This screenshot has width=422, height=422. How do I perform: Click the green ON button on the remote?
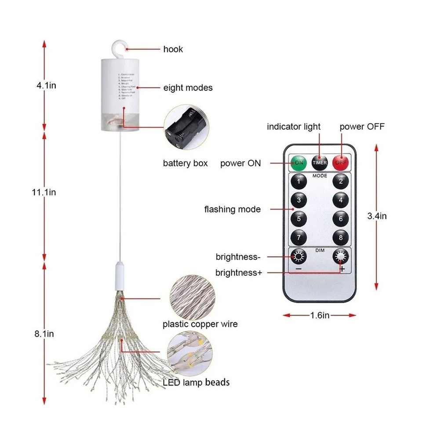pos(299,162)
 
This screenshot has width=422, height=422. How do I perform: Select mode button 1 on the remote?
pos(299,181)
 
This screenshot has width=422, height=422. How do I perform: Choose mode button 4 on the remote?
pos(341,200)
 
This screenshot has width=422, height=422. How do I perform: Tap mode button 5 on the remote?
pos(299,218)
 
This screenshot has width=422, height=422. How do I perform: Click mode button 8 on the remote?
pos(341,238)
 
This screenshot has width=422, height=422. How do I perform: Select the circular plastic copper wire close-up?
pos(191,295)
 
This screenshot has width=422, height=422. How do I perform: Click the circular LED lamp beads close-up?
pos(191,352)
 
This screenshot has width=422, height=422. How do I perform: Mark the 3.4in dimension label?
pos(377,216)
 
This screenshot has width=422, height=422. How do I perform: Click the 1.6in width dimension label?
pos(319,315)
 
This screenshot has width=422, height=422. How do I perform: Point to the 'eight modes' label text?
pos(188,88)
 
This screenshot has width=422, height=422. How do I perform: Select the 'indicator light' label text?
pos(294,127)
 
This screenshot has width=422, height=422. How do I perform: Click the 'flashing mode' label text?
pos(232,209)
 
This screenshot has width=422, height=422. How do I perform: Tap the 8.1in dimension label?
pos(44,334)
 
